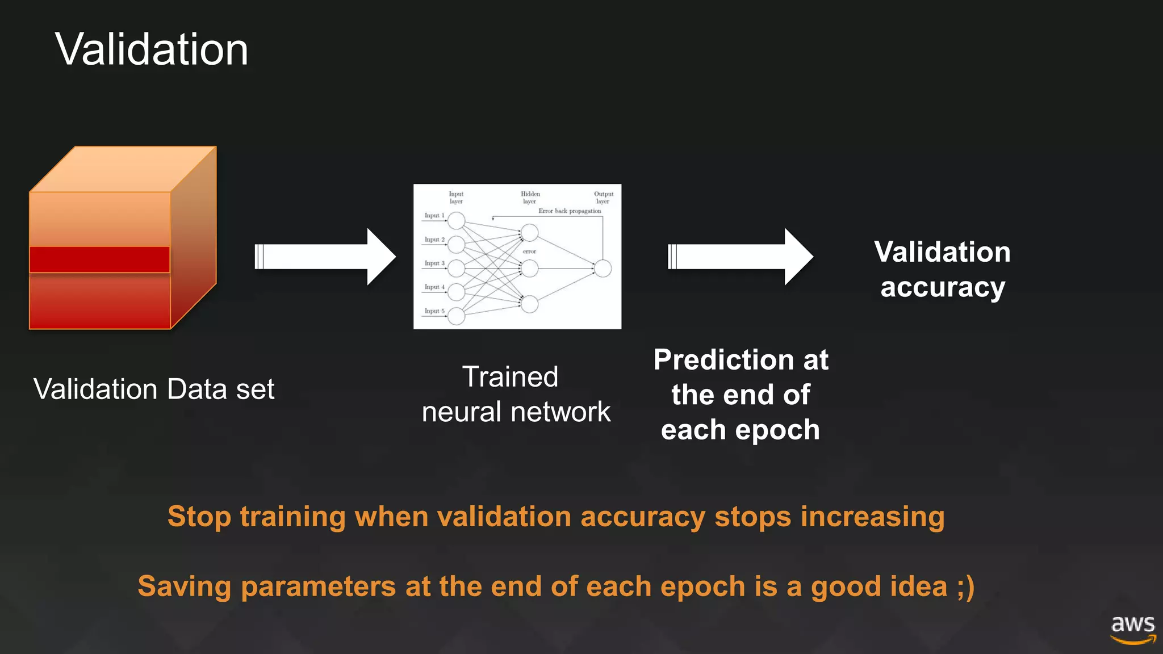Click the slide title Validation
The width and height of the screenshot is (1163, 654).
pyautogui.click(x=152, y=49)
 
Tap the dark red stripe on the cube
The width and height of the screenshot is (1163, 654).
pyautogui.click(x=100, y=259)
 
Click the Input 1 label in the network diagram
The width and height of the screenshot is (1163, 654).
pyautogui.click(x=434, y=216)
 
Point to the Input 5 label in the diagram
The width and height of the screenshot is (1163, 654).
pyautogui.click(x=434, y=311)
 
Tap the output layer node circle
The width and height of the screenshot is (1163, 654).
pyautogui.click(x=603, y=269)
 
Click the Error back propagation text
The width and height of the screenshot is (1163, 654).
pyautogui.click(x=570, y=211)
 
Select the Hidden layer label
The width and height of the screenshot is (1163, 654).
pyautogui.click(x=530, y=198)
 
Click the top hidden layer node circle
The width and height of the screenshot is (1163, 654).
pyautogui.click(x=529, y=233)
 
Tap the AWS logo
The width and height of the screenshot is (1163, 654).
pyautogui.click(x=1133, y=629)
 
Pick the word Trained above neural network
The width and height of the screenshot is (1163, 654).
pyautogui.click(x=510, y=377)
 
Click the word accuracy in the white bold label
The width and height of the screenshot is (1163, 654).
pyautogui.click(x=943, y=288)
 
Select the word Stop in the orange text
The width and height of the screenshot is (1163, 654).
pyautogui.click(x=199, y=517)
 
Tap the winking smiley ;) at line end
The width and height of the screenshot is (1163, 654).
pyautogui.click(x=965, y=586)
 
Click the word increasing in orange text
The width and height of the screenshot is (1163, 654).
pyautogui.click(x=872, y=517)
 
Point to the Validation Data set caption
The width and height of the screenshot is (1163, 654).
pyautogui.click(x=154, y=389)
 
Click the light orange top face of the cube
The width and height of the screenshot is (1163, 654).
pyautogui.click(x=122, y=169)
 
